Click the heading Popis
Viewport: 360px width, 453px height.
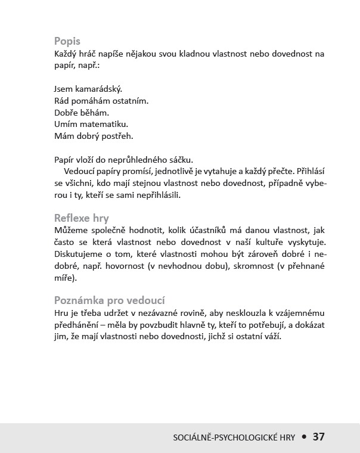click(x=67, y=42)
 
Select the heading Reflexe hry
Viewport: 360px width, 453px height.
click(x=82, y=218)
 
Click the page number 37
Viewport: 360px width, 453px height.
click(x=318, y=436)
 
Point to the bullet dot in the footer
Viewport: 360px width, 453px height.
click(x=303, y=437)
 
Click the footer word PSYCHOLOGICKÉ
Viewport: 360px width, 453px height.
click(x=246, y=437)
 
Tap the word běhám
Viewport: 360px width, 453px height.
click(x=95, y=113)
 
